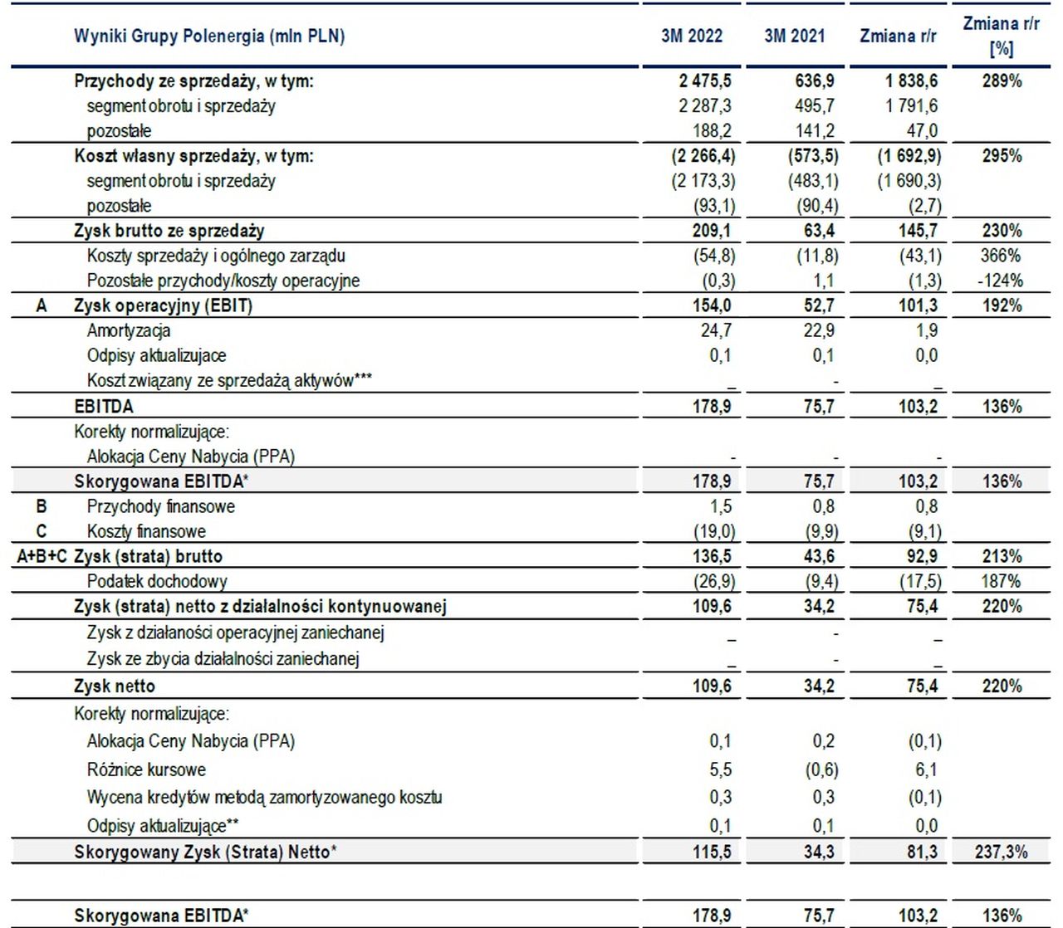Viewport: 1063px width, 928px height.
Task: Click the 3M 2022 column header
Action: click(692, 36)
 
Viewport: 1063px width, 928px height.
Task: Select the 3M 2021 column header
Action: click(795, 36)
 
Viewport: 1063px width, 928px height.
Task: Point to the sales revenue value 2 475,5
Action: click(705, 81)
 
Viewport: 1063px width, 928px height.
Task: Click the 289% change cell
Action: click(1002, 81)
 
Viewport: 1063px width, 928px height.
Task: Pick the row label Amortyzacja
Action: click(129, 330)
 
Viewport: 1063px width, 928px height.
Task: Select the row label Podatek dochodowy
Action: click(157, 581)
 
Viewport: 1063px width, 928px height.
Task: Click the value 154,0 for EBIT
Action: click(711, 305)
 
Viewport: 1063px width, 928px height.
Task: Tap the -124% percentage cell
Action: click(1000, 281)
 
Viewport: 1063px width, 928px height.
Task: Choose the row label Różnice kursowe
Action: click(146, 769)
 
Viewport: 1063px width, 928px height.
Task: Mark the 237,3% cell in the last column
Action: click(1002, 852)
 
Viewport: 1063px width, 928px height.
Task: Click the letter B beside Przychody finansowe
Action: click(41, 506)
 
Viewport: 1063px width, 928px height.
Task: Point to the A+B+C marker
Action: click(42, 556)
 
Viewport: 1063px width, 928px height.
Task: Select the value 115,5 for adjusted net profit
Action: click(711, 852)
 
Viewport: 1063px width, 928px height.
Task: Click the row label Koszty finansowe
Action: click(146, 531)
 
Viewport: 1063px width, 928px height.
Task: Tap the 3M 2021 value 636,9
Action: click(815, 81)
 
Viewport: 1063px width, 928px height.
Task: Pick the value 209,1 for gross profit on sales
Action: click(711, 231)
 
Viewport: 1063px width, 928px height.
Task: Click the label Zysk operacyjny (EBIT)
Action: click(163, 305)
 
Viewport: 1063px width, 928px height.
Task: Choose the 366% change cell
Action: click(1001, 256)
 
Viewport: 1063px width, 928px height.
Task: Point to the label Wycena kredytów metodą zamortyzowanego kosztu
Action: click(264, 797)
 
